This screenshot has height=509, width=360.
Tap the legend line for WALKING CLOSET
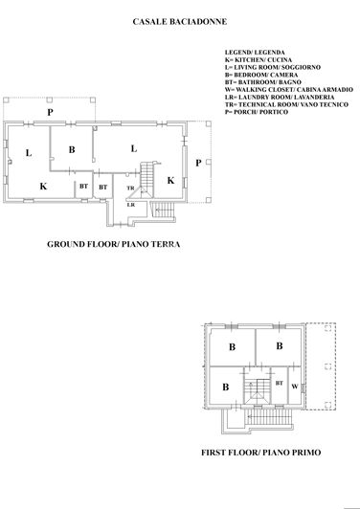(x=288, y=89)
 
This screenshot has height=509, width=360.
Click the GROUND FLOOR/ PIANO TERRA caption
(x=114, y=244)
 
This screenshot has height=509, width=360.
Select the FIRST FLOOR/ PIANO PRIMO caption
(x=260, y=452)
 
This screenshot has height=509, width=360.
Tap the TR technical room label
(x=130, y=188)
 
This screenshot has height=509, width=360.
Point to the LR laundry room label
(x=130, y=205)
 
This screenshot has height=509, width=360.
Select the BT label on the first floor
(x=279, y=383)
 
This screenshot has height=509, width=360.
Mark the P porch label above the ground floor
(x=51, y=112)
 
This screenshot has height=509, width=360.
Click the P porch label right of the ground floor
(x=197, y=163)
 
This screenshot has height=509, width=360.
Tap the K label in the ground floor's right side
(x=170, y=180)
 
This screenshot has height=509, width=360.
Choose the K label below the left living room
(x=42, y=186)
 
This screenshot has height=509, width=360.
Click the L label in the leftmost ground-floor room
(x=30, y=151)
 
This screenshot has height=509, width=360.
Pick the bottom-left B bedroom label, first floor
(x=225, y=387)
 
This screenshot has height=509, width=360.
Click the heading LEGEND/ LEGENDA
(x=255, y=52)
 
